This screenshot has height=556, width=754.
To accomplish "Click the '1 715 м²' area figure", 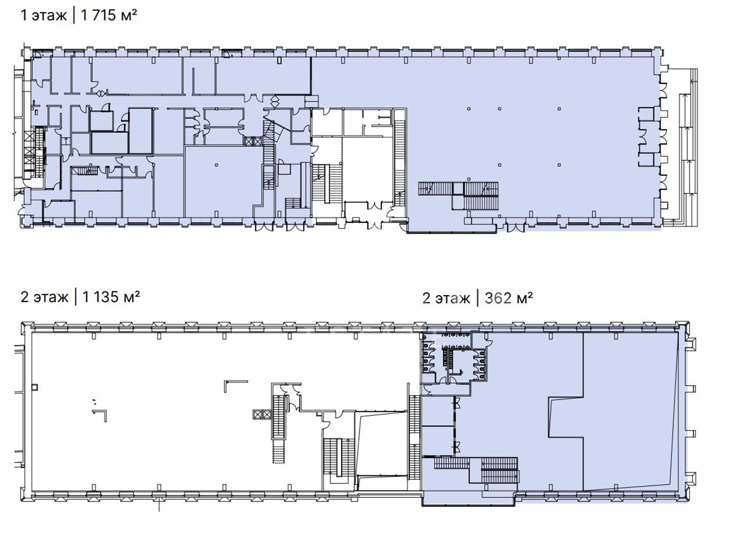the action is click(x=109, y=15).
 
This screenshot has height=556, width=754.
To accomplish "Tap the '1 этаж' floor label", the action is click(x=43, y=16).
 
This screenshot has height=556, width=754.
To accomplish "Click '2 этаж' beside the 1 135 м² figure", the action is click(x=44, y=297).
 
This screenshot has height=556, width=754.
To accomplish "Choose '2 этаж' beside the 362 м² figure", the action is click(x=446, y=298).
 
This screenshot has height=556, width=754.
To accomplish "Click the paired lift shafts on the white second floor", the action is click(x=262, y=414).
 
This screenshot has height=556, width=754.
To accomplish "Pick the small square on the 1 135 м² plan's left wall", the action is click(x=35, y=387).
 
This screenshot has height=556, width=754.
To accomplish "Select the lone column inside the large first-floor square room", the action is click(x=217, y=165).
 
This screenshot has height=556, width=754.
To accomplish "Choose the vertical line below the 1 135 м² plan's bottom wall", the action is click(x=159, y=504).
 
